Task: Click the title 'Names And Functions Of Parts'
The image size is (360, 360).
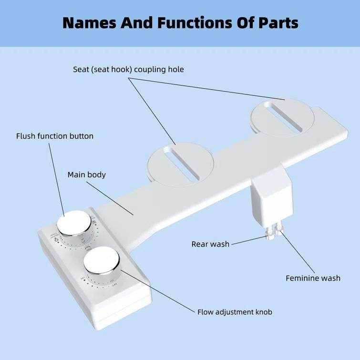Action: [x=180, y=22]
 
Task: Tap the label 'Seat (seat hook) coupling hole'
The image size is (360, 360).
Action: [x=128, y=70]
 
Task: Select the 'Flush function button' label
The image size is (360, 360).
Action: [x=55, y=136]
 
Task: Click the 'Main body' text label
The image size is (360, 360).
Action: [x=86, y=175]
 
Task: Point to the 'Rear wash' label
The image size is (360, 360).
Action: [x=210, y=244]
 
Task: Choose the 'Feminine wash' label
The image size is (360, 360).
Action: [x=313, y=278]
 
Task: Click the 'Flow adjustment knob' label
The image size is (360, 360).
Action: [x=235, y=312]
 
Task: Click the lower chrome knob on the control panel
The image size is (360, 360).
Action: [x=101, y=260]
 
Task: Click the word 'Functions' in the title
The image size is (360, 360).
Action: [x=183, y=22]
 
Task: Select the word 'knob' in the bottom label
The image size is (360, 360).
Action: [x=262, y=312]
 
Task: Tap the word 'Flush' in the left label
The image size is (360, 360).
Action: [x=26, y=136]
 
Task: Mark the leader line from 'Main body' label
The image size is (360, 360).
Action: [x=110, y=198]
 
